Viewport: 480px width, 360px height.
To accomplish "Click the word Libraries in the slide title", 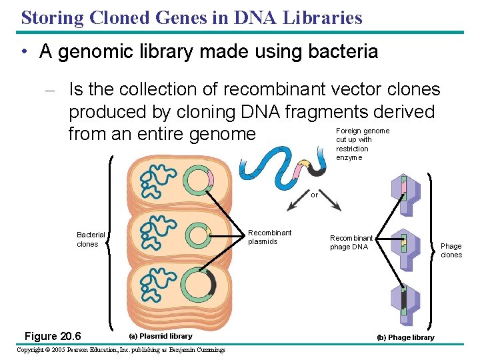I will (x=326, y=17).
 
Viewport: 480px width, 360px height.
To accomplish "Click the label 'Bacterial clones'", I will (x=91, y=239).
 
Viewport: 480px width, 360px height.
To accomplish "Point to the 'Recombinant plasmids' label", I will (x=269, y=237).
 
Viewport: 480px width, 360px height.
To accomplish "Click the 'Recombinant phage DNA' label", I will (x=351, y=243).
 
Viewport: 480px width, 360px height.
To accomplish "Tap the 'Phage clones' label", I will (x=451, y=251).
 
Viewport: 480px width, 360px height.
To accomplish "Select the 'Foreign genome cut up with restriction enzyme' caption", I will (x=362, y=144).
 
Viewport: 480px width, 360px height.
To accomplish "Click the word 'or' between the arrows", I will (x=315, y=195).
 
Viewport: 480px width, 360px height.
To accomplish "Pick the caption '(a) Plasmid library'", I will (x=163, y=336).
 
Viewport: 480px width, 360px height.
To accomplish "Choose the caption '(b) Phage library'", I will (x=405, y=337).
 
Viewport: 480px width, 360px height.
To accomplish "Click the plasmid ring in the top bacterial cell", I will (x=198, y=180).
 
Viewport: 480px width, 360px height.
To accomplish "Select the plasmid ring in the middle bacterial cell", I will (x=198, y=234).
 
